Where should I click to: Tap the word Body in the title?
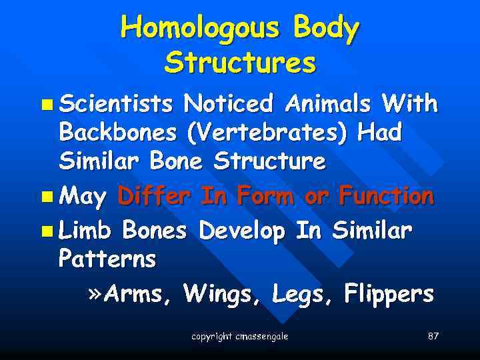(x=326, y=29)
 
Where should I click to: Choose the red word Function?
(x=386, y=197)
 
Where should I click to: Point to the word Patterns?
(x=107, y=259)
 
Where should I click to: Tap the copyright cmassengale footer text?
(x=239, y=336)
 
